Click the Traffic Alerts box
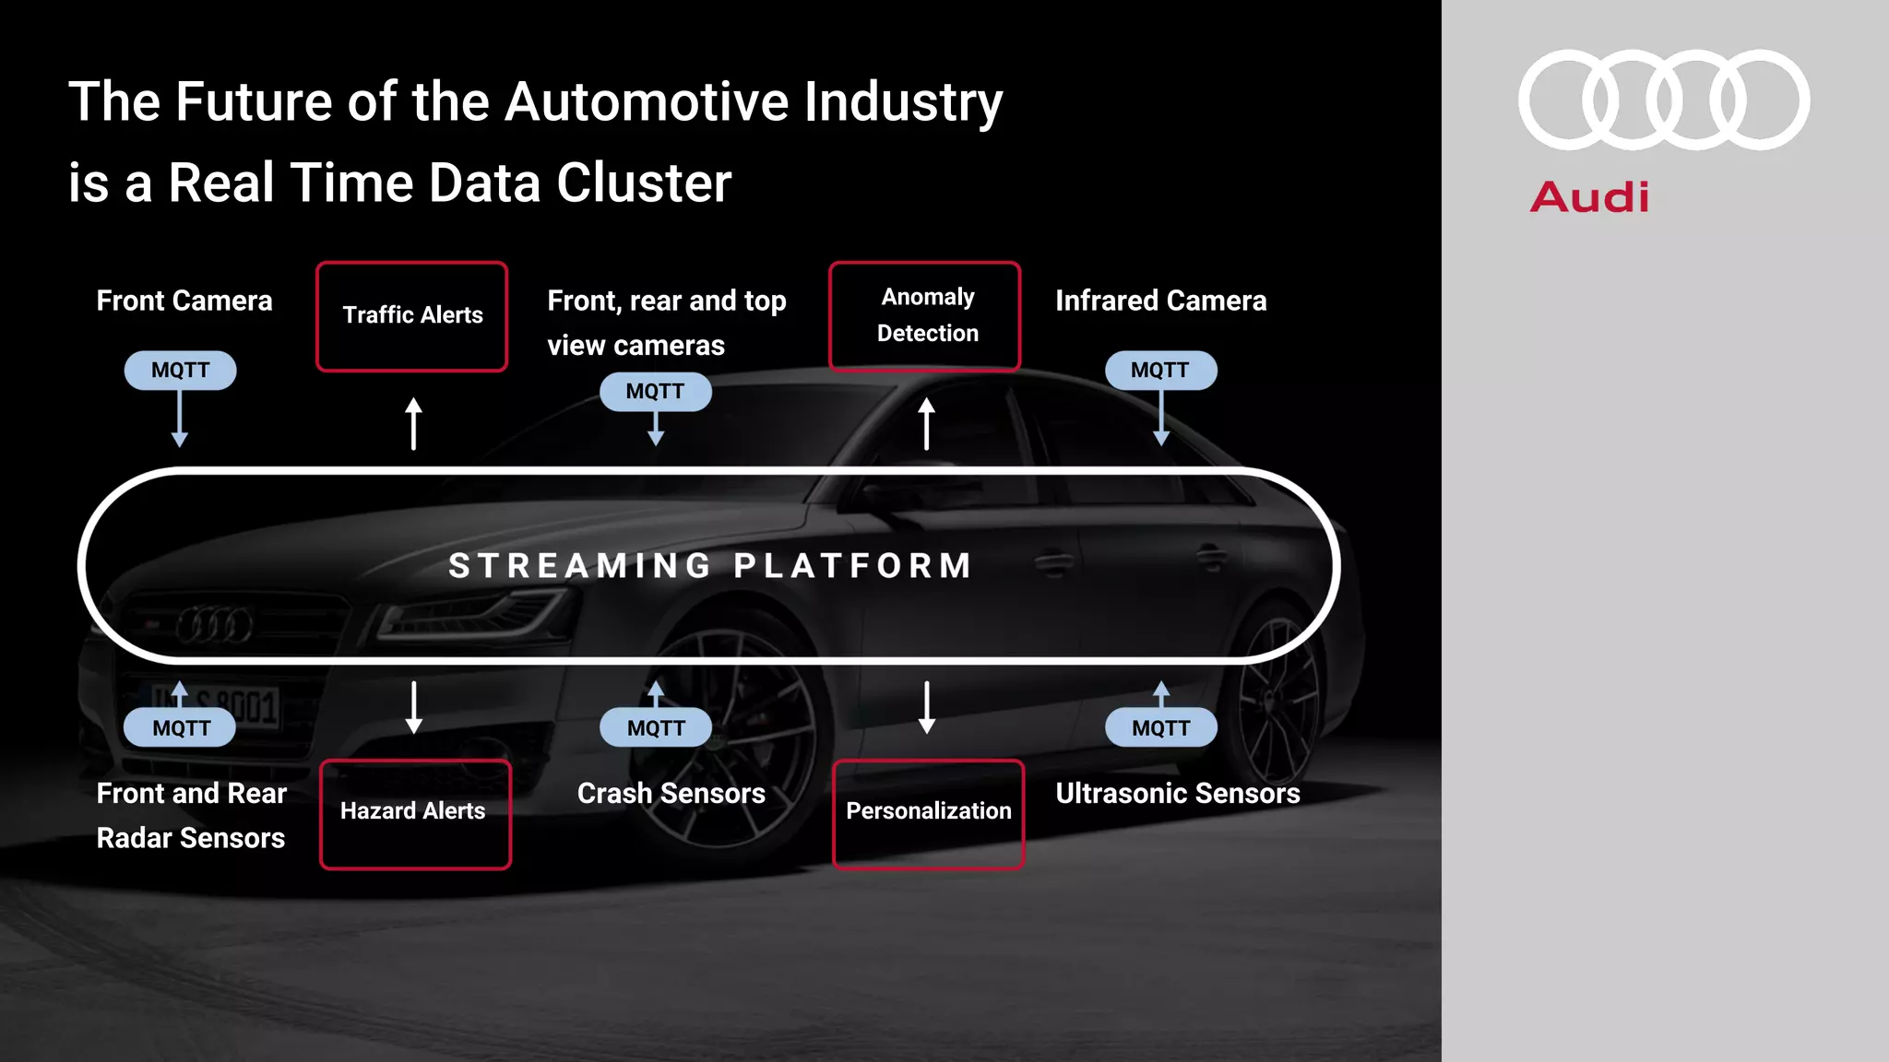coord(411,316)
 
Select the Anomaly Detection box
coord(925,316)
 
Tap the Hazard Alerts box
coord(415,813)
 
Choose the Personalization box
coord(928,813)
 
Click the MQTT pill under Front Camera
coord(180,370)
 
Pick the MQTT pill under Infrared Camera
coord(1160,370)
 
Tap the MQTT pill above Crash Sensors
coord(655,727)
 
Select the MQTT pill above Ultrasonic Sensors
coord(1160,727)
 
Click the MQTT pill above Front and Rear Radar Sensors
coord(180,727)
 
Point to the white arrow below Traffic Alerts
coord(414,423)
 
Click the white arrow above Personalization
coord(927,707)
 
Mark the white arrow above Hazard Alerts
coord(414,707)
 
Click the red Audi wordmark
coord(1589,197)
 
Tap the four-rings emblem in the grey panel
coord(1664,100)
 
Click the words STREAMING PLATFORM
coord(710,565)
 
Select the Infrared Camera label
coord(1160,301)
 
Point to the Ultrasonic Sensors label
coord(1177,793)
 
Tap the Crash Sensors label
coord(671,793)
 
